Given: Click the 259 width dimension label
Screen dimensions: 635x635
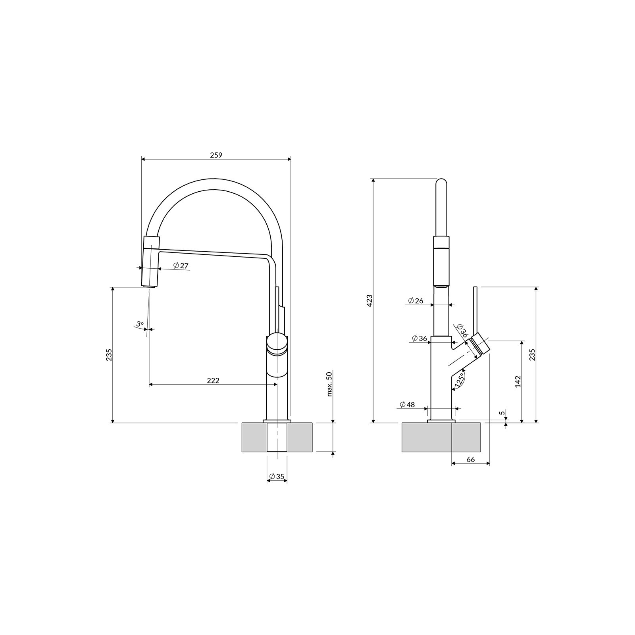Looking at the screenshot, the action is pyautogui.click(x=216, y=155).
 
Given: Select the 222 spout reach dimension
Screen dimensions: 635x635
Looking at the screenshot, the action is pyautogui.click(x=213, y=380).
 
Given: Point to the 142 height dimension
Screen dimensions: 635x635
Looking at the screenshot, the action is pyautogui.click(x=518, y=381).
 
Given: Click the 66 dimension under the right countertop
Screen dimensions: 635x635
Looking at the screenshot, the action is pyautogui.click(x=470, y=459).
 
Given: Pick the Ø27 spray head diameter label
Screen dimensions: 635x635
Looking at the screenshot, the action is pyautogui.click(x=181, y=266).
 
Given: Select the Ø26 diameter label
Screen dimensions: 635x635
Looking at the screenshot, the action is pyautogui.click(x=415, y=300).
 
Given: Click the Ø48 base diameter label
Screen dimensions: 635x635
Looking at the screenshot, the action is pyautogui.click(x=407, y=404).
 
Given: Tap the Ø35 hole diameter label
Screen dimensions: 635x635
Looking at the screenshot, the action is pyautogui.click(x=277, y=476).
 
